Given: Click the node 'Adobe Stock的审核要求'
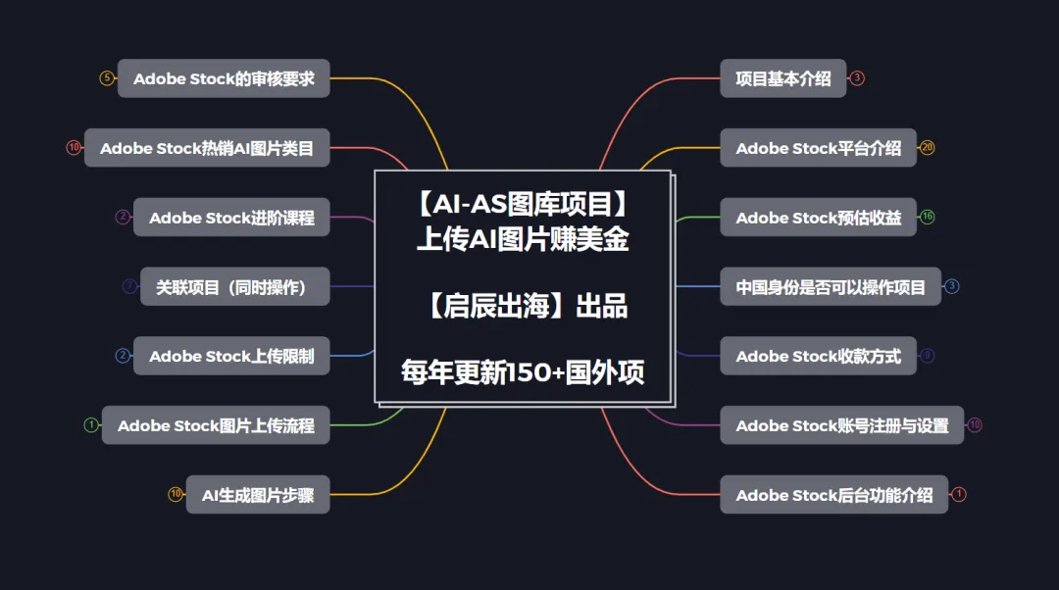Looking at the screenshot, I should pos(224,78).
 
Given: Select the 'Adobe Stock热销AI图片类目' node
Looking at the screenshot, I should pos(207,148).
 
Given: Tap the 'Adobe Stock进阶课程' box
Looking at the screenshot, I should pos(231,218).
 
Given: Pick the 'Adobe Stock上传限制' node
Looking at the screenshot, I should pos(231,356).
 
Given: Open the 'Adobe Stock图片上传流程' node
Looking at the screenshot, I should pos(216,425).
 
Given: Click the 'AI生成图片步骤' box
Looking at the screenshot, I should pos(258,495).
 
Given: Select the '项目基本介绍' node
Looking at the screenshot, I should pos(783,78).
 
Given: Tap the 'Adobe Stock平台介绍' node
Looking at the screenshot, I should pos(818,148).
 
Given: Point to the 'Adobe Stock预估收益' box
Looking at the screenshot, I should pos(818,218).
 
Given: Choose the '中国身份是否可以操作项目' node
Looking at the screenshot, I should pos(831,287).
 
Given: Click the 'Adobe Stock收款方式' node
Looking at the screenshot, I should pos(818,356).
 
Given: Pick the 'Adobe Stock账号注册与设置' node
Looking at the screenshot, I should pos(841,425).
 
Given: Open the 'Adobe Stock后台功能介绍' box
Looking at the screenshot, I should pos(833,495).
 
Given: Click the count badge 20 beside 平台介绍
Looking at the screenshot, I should pos(927,148).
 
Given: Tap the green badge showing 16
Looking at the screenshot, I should pos(927,218).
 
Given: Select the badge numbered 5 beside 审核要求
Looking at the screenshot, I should pos(107,78).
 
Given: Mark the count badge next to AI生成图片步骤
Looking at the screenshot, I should pos(176,495).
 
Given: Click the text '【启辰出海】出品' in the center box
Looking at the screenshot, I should pos(523,307).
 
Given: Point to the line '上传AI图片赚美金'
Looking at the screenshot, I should pos(523,240).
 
